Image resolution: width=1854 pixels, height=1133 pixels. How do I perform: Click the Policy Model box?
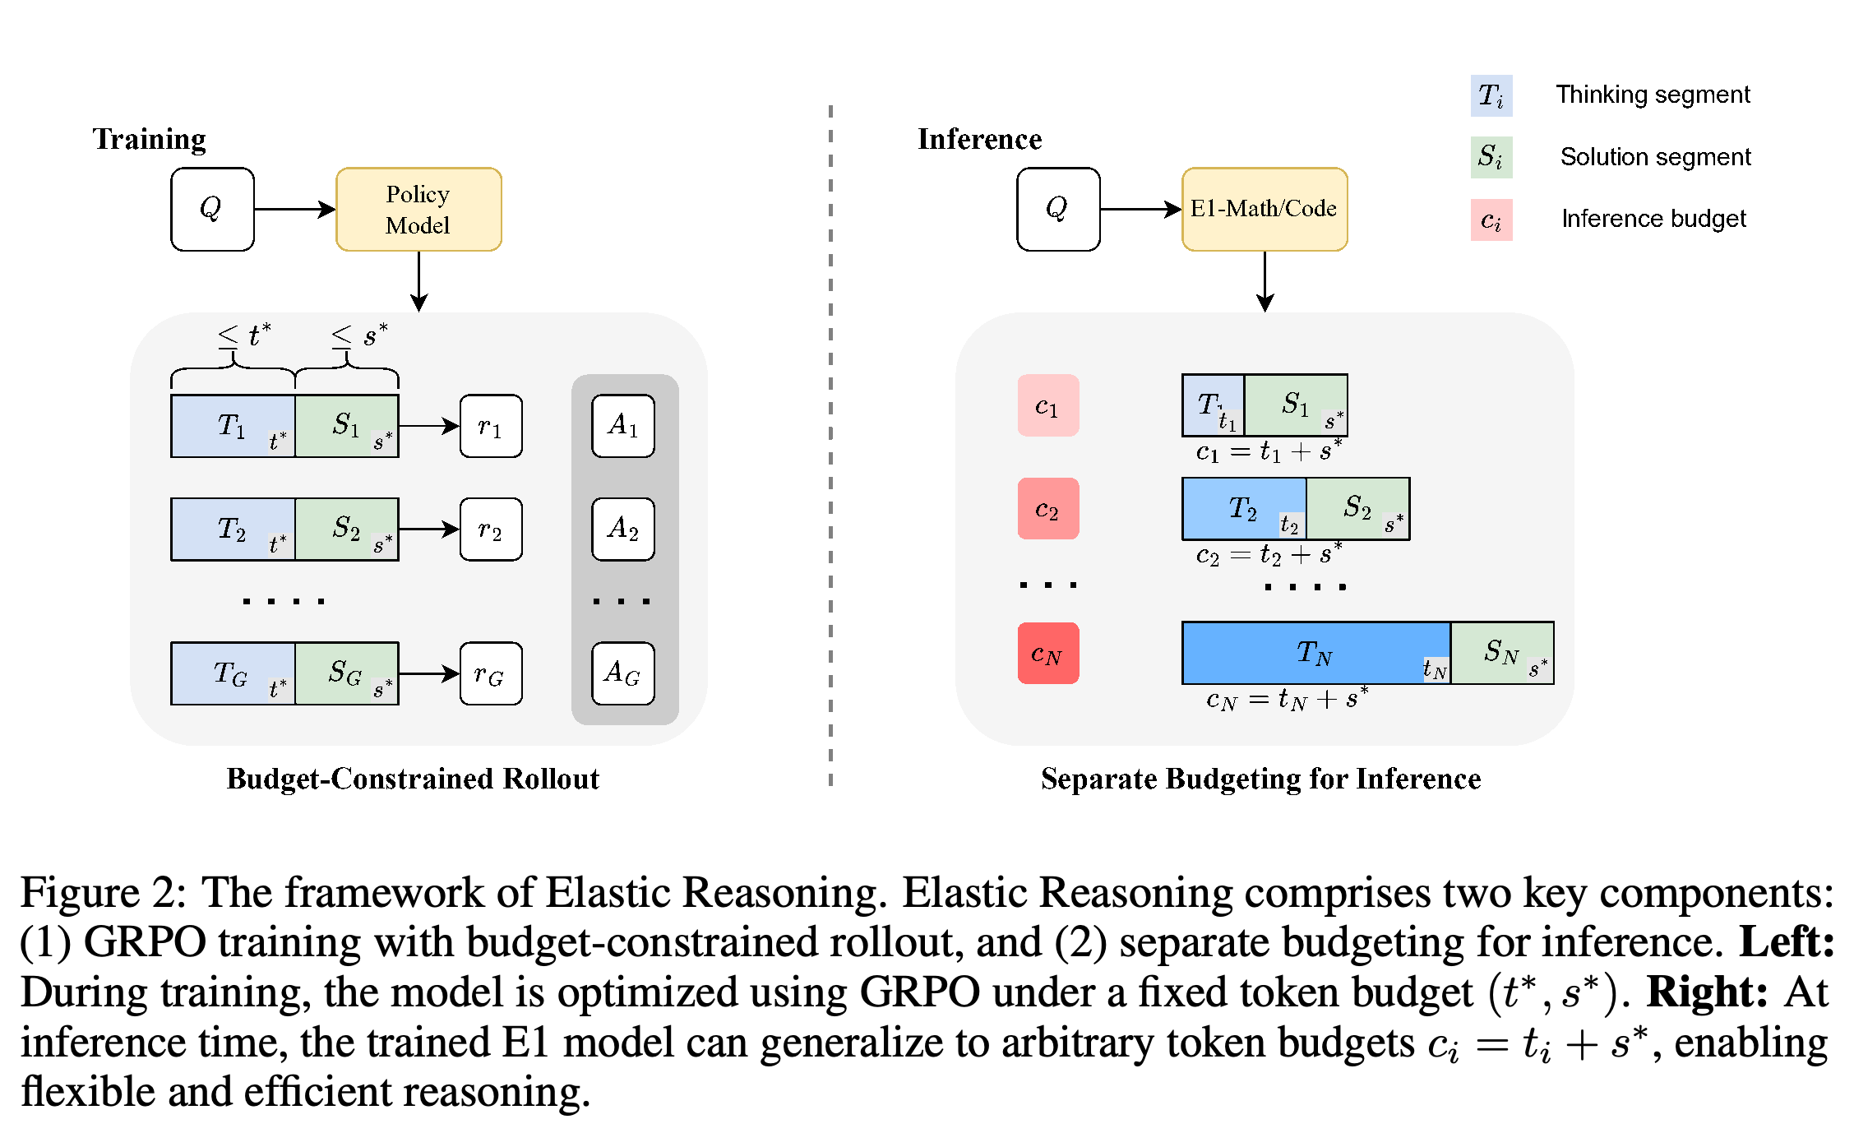click(x=418, y=209)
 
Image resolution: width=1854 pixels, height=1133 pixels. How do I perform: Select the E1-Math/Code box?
click(x=1265, y=209)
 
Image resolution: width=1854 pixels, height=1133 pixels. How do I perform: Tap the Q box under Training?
click(x=212, y=209)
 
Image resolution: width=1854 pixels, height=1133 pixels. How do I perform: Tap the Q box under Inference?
click(x=1058, y=209)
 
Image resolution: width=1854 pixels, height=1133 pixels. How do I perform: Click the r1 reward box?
click(x=491, y=426)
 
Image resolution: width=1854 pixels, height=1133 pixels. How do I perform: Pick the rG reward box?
click(x=491, y=673)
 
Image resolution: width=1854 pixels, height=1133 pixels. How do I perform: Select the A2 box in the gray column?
click(x=623, y=529)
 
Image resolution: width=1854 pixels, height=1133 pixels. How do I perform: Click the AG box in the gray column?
click(x=623, y=673)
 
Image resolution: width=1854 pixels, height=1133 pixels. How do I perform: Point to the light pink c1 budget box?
click(x=1048, y=405)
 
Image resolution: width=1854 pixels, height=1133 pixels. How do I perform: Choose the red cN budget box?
click(x=1048, y=653)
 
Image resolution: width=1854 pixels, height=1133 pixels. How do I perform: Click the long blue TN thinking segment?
click(x=1316, y=653)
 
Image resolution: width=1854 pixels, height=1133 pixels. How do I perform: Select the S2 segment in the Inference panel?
click(x=1358, y=509)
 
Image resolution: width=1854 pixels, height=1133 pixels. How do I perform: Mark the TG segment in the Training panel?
click(x=233, y=673)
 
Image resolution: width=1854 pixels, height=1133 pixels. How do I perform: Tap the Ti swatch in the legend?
click(x=1491, y=95)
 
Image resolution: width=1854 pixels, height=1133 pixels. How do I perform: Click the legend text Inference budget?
click(x=1653, y=219)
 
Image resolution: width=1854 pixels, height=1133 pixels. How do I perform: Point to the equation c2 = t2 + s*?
click(x=1269, y=554)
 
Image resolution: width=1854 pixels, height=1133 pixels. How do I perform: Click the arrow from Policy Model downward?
click(x=419, y=281)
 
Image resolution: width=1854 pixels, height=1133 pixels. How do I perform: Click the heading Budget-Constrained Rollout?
click(x=413, y=779)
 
